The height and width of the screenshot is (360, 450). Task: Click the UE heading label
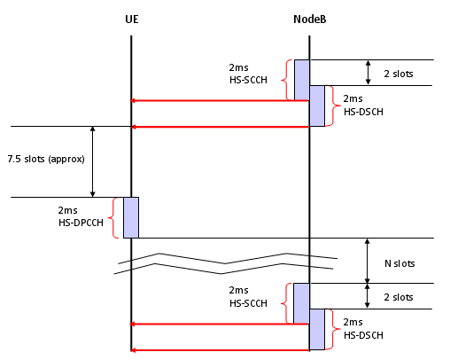click(132, 20)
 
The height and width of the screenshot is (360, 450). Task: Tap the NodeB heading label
click(310, 20)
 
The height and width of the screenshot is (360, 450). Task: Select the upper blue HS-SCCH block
click(302, 80)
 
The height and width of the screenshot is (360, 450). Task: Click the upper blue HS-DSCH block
click(317, 106)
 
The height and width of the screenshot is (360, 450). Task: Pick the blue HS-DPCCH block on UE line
click(131, 217)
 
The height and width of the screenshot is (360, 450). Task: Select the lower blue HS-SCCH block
click(301, 303)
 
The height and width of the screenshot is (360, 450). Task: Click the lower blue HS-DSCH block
click(317, 330)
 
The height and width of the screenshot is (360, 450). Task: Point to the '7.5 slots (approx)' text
click(46, 159)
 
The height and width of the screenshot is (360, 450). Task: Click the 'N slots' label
click(400, 263)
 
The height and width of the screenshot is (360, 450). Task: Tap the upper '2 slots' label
click(399, 74)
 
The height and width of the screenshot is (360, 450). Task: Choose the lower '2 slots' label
click(399, 297)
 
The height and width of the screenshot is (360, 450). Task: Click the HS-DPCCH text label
click(81, 223)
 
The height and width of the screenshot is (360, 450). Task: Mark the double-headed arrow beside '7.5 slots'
click(93, 161)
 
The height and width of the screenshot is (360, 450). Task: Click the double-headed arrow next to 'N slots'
click(368, 261)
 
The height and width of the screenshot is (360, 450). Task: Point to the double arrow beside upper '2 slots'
click(368, 73)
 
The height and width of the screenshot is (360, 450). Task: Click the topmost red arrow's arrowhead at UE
click(133, 101)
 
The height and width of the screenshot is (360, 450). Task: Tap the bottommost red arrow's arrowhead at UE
click(133, 350)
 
